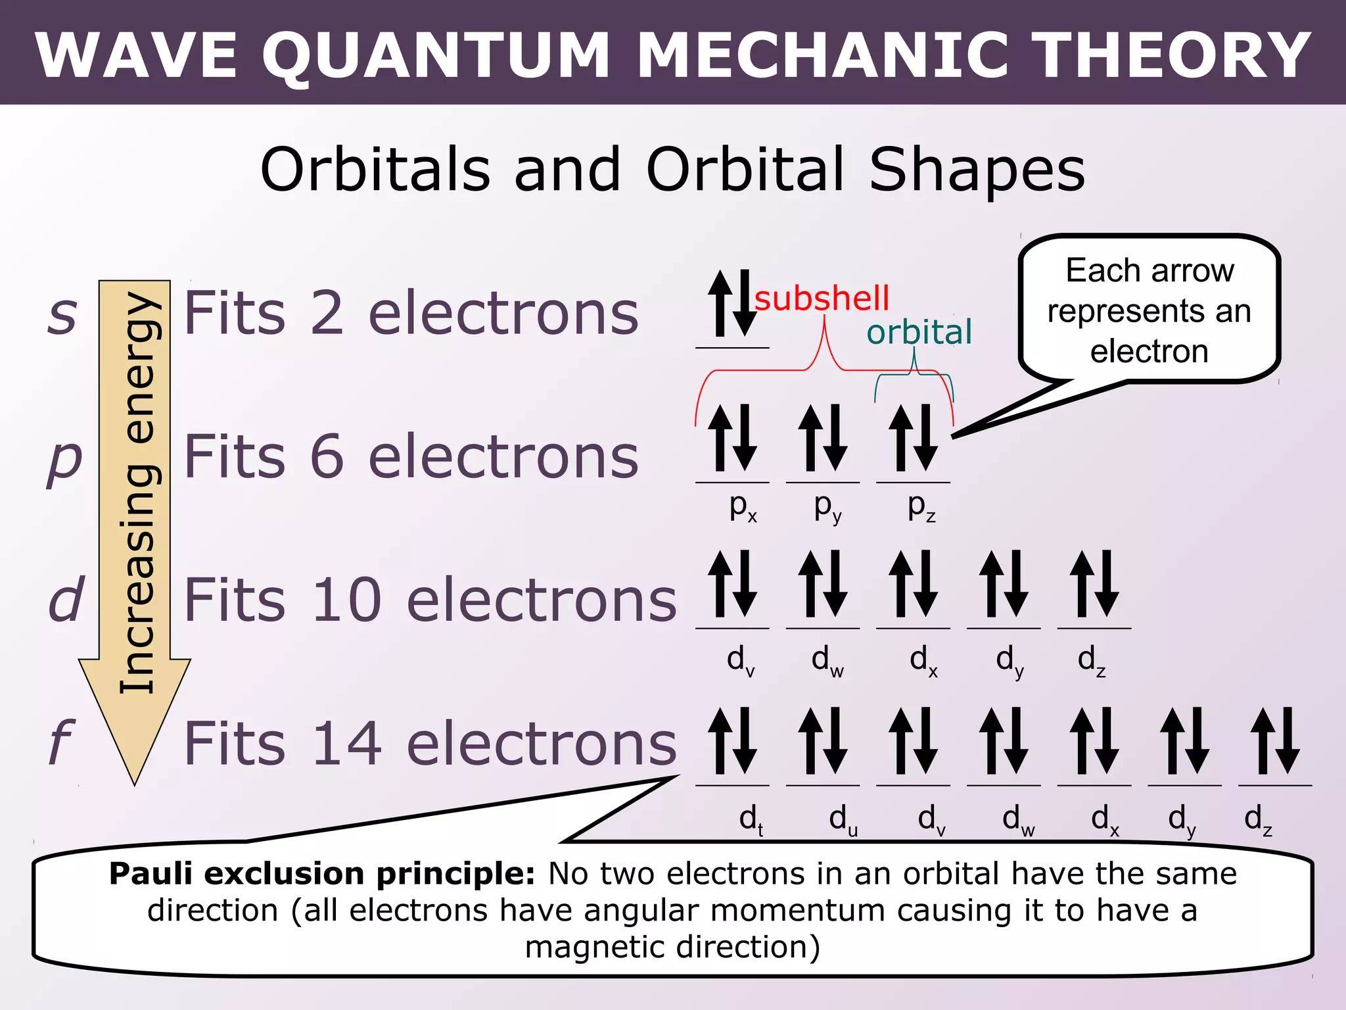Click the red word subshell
pyautogui.click(x=822, y=299)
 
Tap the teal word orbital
pyautogui.click(x=919, y=333)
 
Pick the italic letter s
pyautogui.click(x=62, y=314)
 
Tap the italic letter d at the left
pyautogui.click(x=66, y=600)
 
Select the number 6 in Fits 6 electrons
pyautogui.click(x=327, y=456)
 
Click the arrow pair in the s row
pyautogui.click(x=732, y=303)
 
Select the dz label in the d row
pyautogui.click(x=1092, y=660)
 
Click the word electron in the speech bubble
pyautogui.click(x=1149, y=352)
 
